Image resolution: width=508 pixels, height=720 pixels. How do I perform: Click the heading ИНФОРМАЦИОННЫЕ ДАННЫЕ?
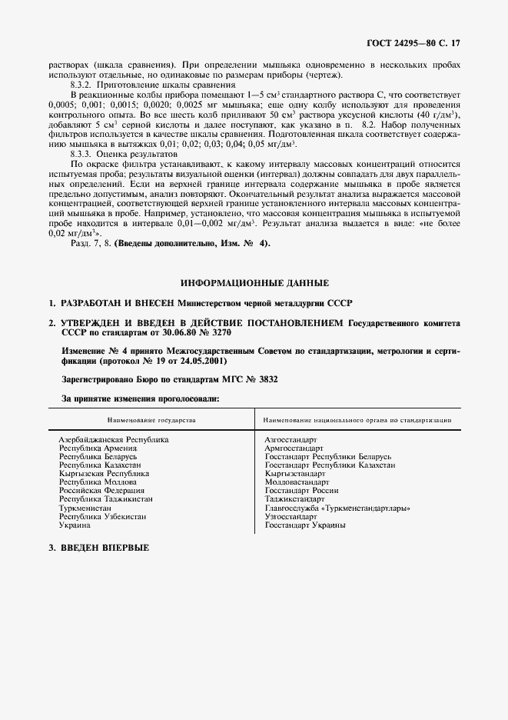coord(254,283)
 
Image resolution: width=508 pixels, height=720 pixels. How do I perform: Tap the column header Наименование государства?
coord(152,420)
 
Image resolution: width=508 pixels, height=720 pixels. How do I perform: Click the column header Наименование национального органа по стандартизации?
coord(357,420)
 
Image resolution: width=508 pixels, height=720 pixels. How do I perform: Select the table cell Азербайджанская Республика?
coord(114,439)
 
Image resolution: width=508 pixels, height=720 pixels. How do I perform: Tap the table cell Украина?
coord(75,525)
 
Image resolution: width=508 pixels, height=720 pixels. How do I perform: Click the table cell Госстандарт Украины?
coord(305,525)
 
